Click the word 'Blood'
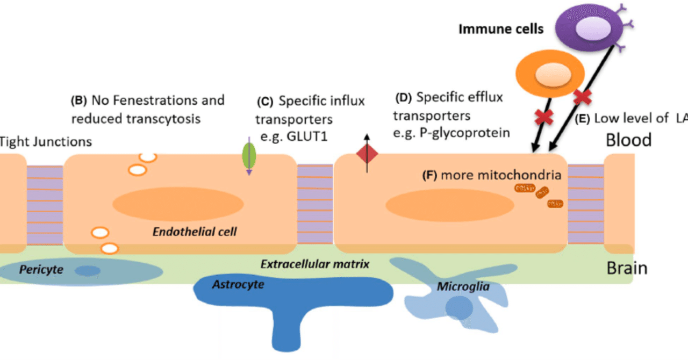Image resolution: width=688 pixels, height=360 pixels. point(628,140)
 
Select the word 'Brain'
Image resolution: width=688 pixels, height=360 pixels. point(627,268)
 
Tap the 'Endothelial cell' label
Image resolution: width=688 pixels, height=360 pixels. point(195,232)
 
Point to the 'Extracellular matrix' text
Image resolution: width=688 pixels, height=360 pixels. point(314,264)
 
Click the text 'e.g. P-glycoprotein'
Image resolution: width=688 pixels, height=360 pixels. point(451,132)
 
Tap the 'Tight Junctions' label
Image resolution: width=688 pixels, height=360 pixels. point(46,142)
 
